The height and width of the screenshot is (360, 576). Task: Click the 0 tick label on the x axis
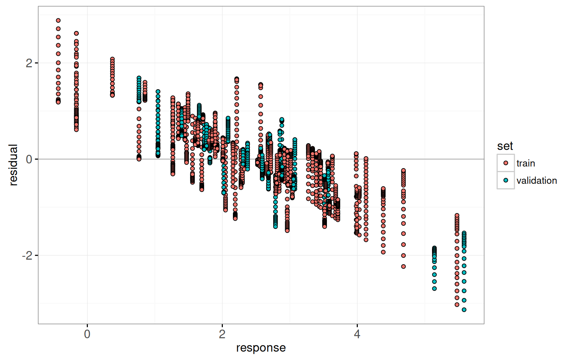point(87,334)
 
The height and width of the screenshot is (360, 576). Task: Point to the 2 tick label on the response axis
point(222,334)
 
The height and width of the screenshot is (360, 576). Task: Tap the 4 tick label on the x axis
point(357,334)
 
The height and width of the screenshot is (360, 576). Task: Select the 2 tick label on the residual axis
point(29,63)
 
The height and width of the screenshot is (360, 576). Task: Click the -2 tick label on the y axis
point(27,255)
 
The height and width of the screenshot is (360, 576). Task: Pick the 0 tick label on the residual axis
point(29,159)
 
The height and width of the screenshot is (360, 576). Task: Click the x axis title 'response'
point(261,348)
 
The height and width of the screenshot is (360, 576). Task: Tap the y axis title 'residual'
point(13,165)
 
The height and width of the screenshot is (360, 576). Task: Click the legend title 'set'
point(505,146)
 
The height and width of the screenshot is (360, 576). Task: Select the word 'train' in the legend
point(526,163)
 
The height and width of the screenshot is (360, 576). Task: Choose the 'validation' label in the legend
point(536,180)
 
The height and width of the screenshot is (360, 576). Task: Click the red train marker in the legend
point(506,163)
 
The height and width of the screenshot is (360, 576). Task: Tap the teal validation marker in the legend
point(506,180)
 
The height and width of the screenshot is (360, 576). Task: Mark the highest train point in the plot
point(58,21)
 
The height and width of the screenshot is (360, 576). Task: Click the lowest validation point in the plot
point(464,310)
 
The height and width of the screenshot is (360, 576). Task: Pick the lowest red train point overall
point(457,305)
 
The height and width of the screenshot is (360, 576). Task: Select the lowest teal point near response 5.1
point(434,288)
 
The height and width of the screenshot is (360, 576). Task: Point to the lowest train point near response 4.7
point(404,266)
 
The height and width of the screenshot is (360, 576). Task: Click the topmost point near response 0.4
point(112,59)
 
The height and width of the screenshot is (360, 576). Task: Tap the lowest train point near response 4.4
point(383,252)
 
